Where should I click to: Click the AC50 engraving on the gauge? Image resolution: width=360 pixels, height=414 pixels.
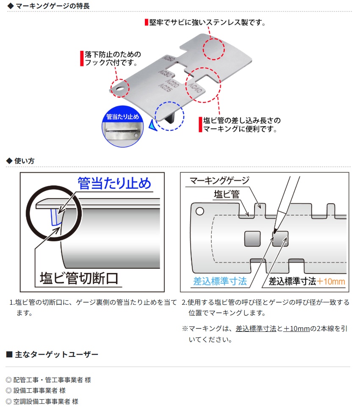tap(168, 58)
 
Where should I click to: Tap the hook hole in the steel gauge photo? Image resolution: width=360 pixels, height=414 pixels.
tap(120, 88)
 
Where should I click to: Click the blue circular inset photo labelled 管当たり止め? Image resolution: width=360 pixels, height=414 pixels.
tap(122, 127)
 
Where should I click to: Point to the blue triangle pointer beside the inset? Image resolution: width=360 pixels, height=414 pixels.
tap(152, 125)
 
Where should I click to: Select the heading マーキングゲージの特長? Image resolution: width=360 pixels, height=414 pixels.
tap(53, 6)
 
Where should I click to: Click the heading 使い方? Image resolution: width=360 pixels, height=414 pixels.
tap(24, 161)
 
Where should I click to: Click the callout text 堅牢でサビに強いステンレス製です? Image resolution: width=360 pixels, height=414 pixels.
tap(208, 22)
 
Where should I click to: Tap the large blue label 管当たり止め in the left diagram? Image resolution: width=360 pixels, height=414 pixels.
tap(114, 183)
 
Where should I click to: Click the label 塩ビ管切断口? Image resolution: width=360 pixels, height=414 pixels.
tap(79, 278)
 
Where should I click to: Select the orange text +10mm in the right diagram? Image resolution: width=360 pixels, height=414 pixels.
tap(331, 282)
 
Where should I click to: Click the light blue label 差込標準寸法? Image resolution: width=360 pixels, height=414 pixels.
tap(220, 281)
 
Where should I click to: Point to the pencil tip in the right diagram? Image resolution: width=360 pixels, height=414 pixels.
tap(275, 232)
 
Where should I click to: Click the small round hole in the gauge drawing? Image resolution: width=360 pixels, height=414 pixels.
tap(199, 211)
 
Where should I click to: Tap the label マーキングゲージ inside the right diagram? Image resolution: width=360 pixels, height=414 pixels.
tap(219, 181)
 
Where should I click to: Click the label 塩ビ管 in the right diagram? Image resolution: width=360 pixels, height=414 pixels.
tap(227, 195)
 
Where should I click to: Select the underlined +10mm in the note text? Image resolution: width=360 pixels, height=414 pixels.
tap(296, 329)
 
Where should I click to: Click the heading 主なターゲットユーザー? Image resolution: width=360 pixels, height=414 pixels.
tap(56, 354)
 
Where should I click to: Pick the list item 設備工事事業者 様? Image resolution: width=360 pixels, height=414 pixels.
tap(39, 390)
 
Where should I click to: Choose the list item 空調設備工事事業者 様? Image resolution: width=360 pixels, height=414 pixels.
tap(46, 402)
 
